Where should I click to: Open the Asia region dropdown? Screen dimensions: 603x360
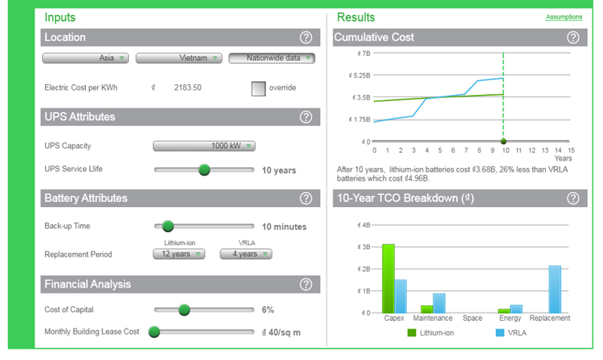click(x=85, y=58)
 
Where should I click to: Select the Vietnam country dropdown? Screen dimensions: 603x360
click(x=179, y=58)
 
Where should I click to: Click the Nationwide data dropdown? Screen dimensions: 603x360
click(x=272, y=58)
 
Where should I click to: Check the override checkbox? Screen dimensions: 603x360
click(x=259, y=88)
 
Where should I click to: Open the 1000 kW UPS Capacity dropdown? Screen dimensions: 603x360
click(x=204, y=146)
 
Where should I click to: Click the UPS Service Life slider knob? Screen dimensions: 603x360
click(x=204, y=169)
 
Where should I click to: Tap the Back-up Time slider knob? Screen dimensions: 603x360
click(x=167, y=226)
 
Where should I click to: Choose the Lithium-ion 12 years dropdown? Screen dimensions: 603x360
click(x=179, y=254)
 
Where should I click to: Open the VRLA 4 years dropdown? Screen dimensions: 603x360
click(x=246, y=254)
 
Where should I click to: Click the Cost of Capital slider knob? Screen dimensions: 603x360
click(x=184, y=310)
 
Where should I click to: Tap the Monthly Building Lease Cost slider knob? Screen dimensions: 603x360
click(x=155, y=331)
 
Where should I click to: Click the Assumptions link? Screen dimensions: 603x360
click(x=564, y=17)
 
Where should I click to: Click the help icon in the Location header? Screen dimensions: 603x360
click(x=306, y=38)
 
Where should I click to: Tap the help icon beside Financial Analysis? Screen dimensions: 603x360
click(x=306, y=285)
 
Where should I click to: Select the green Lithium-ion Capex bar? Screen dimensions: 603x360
click(x=388, y=279)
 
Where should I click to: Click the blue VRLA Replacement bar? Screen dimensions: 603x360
click(x=555, y=289)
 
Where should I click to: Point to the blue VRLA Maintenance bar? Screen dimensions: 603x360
click(x=439, y=304)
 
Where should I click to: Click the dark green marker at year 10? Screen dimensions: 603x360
click(x=504, y=142)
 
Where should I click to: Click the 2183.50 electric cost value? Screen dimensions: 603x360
click(x=188, y=87)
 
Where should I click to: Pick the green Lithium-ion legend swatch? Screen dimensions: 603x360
click(x=412, y=333)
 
